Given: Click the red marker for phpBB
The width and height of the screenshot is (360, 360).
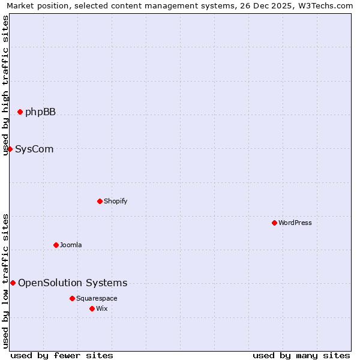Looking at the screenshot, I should tap(20, 112).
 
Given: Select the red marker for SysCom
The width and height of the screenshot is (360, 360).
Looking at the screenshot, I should tap(10, 149).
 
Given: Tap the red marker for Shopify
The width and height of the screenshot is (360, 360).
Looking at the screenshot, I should tap(100, 201).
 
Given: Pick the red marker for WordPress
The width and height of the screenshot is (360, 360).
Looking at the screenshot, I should tap(274, 223).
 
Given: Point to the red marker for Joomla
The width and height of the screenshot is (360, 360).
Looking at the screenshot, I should tap(56, 245).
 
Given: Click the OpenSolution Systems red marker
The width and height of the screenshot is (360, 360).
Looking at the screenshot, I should tap(13, 283).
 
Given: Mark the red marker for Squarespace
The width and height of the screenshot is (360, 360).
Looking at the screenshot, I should tap(72, 298).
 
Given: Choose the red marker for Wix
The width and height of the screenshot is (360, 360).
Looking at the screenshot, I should tap(92, 308).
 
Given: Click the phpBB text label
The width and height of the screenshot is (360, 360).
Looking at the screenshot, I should tap(40, 112).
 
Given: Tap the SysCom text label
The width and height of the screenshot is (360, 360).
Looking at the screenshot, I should tap(34, 149).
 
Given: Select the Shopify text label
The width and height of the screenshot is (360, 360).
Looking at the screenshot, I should tap(115, 202).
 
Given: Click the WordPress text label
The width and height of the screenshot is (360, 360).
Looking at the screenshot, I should tap(295, 223).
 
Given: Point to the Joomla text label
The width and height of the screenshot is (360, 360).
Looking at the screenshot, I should tap(71, 245).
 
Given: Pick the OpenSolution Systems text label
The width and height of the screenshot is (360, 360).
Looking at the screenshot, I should tap(73, 283).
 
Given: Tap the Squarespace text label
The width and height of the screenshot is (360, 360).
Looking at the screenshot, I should tap(97, 299).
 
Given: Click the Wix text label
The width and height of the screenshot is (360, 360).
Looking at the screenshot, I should tap(101, 309).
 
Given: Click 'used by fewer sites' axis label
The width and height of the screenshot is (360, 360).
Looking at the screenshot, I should tap(62, 355).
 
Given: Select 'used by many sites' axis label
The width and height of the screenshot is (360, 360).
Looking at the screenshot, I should tap(301, 355).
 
